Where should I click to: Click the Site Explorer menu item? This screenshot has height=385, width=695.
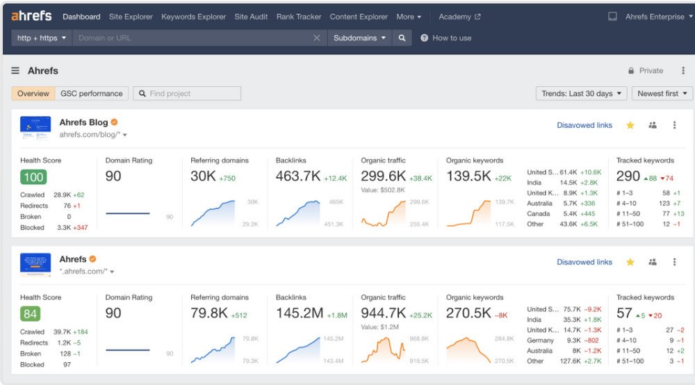[x=131, y=17]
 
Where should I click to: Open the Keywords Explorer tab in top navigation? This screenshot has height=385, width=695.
[x=193, y=17]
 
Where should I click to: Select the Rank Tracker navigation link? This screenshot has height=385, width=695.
[x=299, y=17]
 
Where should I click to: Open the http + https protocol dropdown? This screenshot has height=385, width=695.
[x=42, y=38]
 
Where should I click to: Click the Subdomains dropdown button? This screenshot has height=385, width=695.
[x=359, y=38]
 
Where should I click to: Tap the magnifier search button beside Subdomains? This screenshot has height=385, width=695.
[x=402, y=38]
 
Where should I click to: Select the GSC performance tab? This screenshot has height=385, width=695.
[x=91, y=94]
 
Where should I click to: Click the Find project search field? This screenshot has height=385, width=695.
[x=188, y=94]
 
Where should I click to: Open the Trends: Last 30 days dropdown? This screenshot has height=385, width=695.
[x=581, y=94]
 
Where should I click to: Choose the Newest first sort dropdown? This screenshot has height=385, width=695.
[x=662, y=94]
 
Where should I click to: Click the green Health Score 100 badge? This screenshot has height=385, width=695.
[x=33, y=177]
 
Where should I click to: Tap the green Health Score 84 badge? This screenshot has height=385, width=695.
[x=31, y=314]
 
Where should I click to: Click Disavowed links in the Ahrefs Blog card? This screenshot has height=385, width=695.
[x=584, y=125]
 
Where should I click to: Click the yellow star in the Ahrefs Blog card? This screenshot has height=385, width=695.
[x=630, y=125]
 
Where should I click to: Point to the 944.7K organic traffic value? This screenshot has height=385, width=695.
[x=384, y=313]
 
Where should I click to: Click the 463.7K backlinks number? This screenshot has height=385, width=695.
[x=298, y=177]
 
